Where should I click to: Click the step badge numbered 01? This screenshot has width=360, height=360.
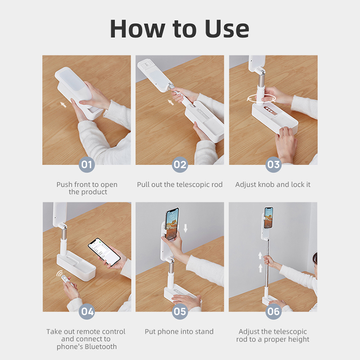(87, 164)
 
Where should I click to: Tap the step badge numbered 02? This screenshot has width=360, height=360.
(180, 164)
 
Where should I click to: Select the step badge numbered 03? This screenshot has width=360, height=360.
(274, 164)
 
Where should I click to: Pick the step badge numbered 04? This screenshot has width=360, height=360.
(87, 311)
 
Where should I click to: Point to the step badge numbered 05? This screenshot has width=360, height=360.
(180, 311)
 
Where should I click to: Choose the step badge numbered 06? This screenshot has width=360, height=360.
(274, 311)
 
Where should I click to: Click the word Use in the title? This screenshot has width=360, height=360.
(227, 29)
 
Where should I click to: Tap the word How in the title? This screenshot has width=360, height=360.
(137, 29)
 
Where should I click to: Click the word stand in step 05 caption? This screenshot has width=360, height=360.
(204, 332)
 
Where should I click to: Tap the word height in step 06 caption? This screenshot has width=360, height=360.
(298, 339)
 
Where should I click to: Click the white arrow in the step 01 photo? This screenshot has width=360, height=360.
(63, 105)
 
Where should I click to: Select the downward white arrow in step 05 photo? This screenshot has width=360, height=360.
(185, 228)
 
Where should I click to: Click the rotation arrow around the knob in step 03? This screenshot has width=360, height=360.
(261, 99)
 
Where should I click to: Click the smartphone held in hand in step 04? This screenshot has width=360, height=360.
(104, 252)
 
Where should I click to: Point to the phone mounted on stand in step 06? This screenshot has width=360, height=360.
(268, 218)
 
